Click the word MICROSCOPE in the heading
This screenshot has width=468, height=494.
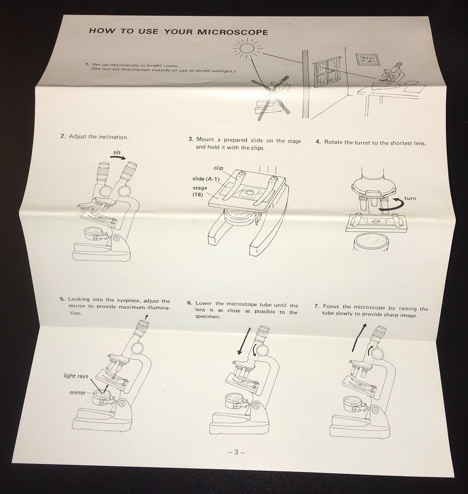pos(233,32)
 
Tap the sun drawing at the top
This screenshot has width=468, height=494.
pos(247,48)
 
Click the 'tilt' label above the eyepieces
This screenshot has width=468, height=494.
pos(117,153)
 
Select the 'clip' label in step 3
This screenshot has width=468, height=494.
pos(218,168)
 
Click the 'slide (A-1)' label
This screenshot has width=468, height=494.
pos(206,179)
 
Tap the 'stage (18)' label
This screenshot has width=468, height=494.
pos(199,191)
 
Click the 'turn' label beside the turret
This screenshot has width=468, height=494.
pos(410,198)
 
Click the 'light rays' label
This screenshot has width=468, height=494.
pos(76,376)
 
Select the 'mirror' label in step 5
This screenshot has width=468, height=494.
pos(78,393)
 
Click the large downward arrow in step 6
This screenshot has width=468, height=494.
pos(244,341)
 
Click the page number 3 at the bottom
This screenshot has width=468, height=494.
pos(236,453)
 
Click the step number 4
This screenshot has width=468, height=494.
pos(318,142)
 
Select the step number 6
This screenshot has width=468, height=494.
pos(189,303)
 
